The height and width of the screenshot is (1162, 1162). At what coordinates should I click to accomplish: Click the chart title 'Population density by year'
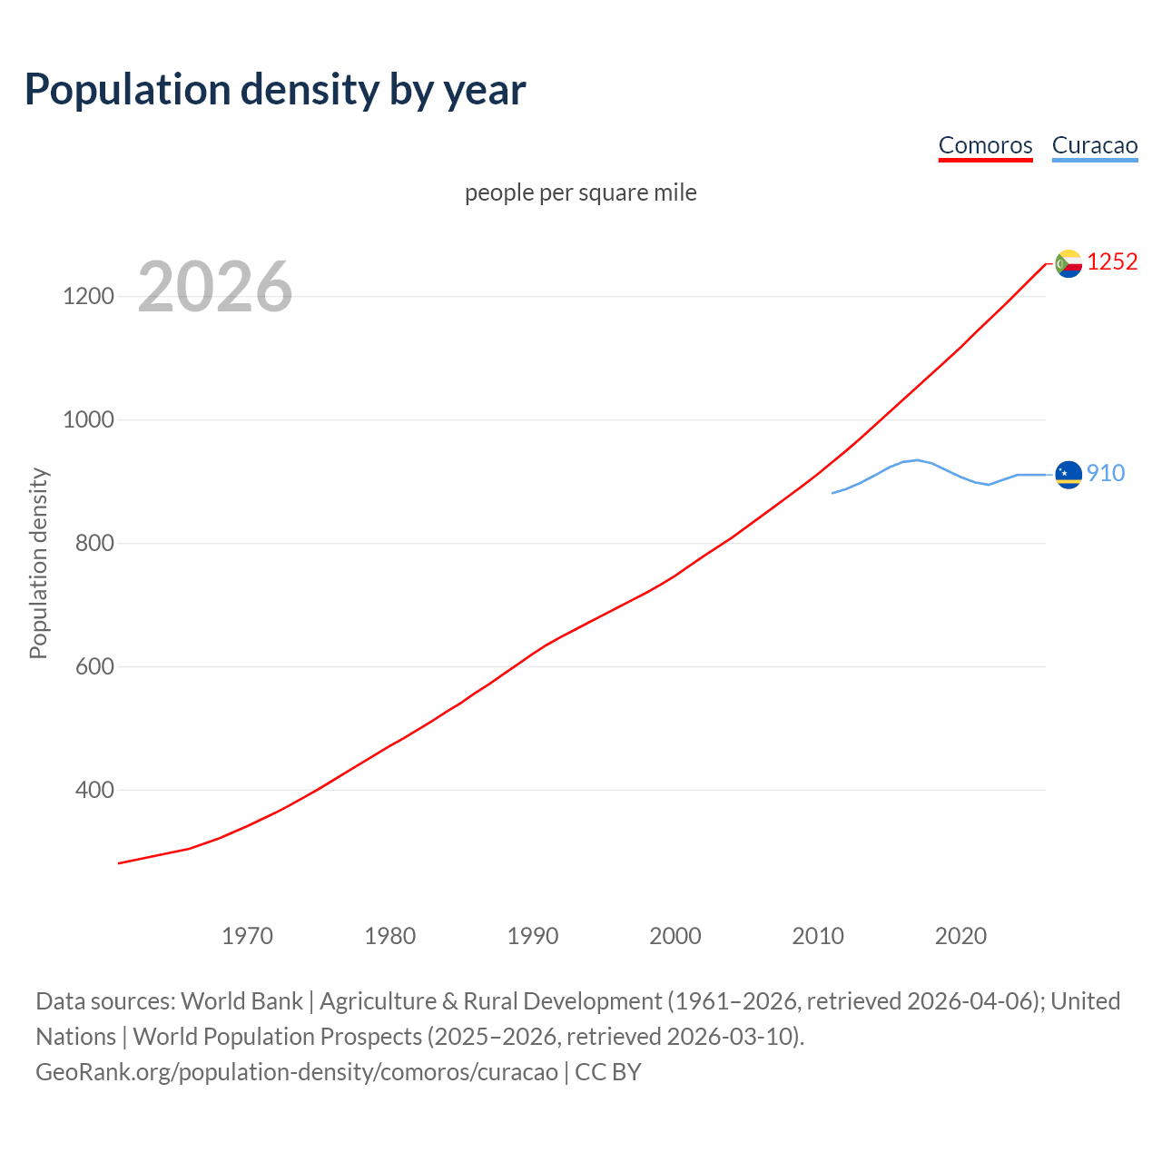tap(275, 90)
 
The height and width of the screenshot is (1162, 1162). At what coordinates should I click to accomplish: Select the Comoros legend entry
tap(985, 145)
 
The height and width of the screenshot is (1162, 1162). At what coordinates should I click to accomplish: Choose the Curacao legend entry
tap(1094, 145)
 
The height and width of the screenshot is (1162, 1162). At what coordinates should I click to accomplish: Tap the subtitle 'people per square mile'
tap(580, 193)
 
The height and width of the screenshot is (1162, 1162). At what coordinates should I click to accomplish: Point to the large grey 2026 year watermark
tap(215, 287)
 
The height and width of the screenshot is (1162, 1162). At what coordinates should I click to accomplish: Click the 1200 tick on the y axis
tap(88, 297)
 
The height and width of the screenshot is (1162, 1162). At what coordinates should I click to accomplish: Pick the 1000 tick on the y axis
tap(88, 420)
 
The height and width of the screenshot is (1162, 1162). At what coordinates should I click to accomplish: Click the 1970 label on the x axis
tap(247, 936)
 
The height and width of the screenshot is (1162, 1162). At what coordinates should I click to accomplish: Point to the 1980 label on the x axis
tap(389, 936)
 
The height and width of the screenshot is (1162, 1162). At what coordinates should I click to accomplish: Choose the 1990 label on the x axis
tap(533, 936)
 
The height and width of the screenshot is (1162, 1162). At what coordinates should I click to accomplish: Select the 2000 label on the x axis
tap(675, 936)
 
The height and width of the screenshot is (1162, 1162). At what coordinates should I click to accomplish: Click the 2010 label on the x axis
tap(818, 936)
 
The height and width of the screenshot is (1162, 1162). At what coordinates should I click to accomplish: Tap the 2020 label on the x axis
tap(960, 936)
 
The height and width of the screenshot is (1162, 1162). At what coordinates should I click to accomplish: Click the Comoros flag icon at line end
tap(1068, 263)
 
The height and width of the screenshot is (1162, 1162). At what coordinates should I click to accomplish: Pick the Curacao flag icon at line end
tap(1068, 474)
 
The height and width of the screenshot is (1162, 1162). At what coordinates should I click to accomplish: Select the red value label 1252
tap(1112, 262)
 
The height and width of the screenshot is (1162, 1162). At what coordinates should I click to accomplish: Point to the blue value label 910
tap(1106, 474)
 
